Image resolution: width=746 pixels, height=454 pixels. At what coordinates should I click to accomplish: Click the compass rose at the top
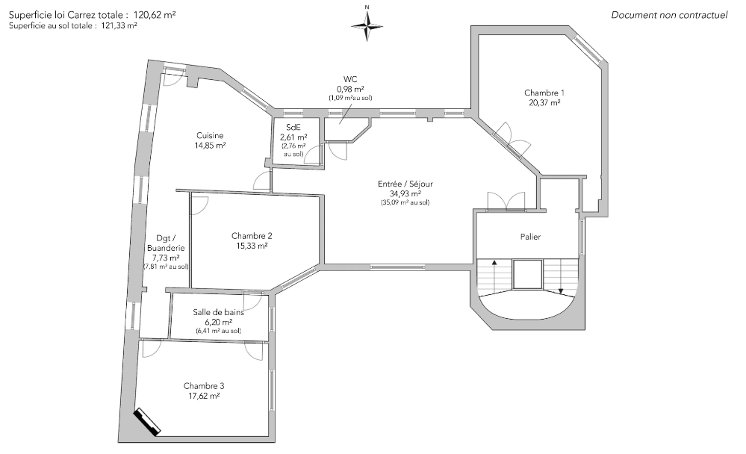(367, 25)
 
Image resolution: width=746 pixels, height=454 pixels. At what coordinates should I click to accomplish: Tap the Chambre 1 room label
(544, 93)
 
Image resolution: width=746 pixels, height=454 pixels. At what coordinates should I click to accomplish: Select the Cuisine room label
(210, 136)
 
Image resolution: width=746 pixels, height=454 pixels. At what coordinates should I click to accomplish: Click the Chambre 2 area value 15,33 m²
(252, 246)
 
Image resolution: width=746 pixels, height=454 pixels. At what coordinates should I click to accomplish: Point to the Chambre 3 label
(204, 386)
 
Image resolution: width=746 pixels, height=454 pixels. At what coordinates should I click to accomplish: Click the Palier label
(530, 237)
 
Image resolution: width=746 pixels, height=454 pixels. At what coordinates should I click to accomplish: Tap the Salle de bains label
(218, 312)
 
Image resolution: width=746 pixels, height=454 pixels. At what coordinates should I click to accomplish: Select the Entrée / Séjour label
(405, 184)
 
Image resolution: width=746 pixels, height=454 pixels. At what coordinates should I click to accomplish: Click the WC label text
(350, 79)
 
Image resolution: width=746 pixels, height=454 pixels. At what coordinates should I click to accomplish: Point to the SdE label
(293, 127)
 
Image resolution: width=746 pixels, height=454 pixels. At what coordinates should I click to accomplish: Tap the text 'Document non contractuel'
(669, 15)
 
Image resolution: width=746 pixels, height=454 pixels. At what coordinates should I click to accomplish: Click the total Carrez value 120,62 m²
(155, 15)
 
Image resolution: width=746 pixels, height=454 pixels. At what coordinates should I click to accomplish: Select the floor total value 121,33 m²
(119, 26)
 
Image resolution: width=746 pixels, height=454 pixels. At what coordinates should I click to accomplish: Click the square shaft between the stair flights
(528, 274)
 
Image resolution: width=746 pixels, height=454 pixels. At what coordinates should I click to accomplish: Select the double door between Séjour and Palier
(506, 201)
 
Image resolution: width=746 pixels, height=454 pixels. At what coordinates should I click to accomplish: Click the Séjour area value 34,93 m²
(405, 193)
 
